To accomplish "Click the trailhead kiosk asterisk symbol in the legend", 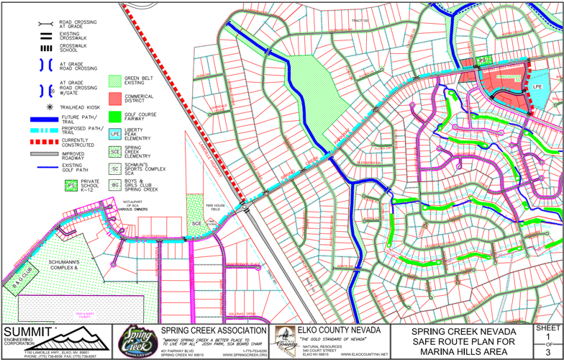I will pyautogui.click(x=49, y=107).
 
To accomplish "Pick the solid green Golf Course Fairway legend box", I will pyautogui.click(x=114, y=115).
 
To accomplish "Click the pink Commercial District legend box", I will pyautogui.click(x=114, y=97).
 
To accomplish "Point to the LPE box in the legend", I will pyautogui.click(x=114, y=134).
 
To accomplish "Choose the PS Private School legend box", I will pyautogui.click(x=71, y=186).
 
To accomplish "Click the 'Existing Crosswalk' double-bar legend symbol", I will pyautogui.click(x=47, y=35).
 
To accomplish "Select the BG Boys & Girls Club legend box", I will pyautogui.click(x=114, y=185).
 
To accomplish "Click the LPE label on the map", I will pyautogui.click(x=537, y=87).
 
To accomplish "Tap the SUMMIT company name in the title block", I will pyautogui.click(x=29, y=331).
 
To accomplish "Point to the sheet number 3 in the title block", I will pyautogui.click(x=548, y=353).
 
